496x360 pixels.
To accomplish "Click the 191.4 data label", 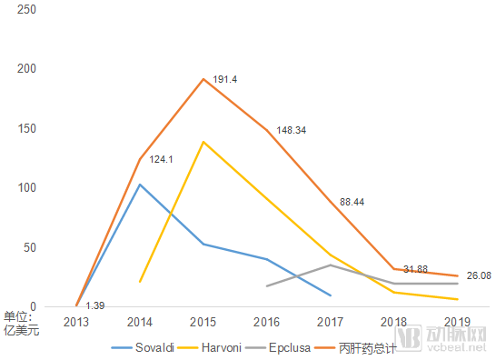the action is (x=225, y=79).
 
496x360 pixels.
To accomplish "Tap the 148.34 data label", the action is (x=292, y=130).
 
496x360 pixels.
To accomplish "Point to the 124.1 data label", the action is (x=161, y=159).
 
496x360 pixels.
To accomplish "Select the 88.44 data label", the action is (x=352, y=202).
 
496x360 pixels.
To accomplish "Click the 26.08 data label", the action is (x=479, y=275).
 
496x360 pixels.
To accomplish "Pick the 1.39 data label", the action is (x=94, y=305).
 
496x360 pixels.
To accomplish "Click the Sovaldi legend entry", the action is (x=143, y=347).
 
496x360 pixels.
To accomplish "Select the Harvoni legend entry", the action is (x=210, y=347).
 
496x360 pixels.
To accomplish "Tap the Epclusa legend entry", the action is (x=277, y=347).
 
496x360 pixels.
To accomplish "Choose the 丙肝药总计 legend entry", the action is (x=355, y=348).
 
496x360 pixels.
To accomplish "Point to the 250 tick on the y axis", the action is (x=26, y=9).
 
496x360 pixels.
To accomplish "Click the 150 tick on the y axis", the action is (x=26, y=128).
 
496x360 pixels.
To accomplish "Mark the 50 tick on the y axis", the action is (x=30, y=247).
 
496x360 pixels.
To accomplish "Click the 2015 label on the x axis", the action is (x=203, y=322).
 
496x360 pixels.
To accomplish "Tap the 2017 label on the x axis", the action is (x=330, y=322).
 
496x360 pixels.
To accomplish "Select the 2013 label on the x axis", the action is (x=76, y=322).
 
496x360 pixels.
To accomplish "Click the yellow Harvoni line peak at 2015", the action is (x=203, y=142).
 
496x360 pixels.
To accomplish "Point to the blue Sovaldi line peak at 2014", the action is (x=140, y=185).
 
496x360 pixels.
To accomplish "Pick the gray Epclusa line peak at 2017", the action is (x=331, y=265).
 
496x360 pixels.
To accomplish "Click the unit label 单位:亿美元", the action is (x=21, y=324).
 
